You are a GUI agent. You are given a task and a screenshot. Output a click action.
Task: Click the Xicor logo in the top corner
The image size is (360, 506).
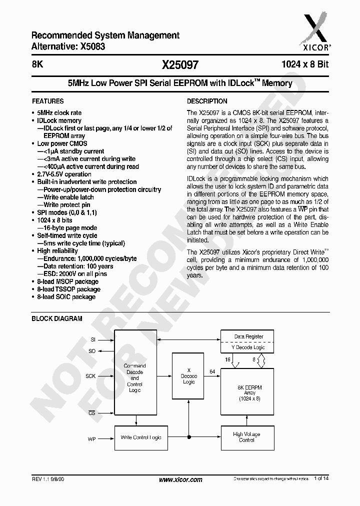(x=315, y=28)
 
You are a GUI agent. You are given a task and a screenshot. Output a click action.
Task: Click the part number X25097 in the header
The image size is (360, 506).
(x=180, y=65)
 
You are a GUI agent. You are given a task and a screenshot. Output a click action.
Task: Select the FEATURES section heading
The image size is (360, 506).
(x=47, y=101)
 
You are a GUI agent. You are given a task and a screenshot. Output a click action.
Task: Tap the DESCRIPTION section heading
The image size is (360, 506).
(x=207, y=101)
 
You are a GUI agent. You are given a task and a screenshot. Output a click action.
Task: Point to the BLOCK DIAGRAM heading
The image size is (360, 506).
(x=57, y=318)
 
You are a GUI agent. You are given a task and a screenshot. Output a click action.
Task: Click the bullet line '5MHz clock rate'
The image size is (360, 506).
(x=59, y=113)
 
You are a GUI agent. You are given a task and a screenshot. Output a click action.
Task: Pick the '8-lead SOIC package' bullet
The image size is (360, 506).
(x=66, y=296)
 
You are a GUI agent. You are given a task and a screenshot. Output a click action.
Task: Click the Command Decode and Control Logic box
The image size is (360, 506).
(x=134, y=377)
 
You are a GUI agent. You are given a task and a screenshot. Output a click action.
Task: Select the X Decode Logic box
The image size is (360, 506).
(x=188, y=376)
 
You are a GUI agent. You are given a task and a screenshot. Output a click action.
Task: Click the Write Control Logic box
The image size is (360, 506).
(x=141, y=437)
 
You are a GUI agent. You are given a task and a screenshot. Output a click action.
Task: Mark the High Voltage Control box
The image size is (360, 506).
(x=247, y=437)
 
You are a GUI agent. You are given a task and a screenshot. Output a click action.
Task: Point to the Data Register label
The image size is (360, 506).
(x=248, y=336)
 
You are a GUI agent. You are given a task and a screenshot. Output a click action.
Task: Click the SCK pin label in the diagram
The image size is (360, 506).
(x=90, y=375)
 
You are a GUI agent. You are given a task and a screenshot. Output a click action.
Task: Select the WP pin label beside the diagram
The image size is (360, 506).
(x=91, y=438)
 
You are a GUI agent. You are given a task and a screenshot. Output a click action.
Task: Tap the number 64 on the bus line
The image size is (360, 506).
(x=212, y=371)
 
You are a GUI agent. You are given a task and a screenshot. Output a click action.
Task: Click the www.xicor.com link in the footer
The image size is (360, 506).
(x=180, y=479)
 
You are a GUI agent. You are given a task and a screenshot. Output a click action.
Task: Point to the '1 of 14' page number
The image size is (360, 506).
(x=321, y=479)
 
